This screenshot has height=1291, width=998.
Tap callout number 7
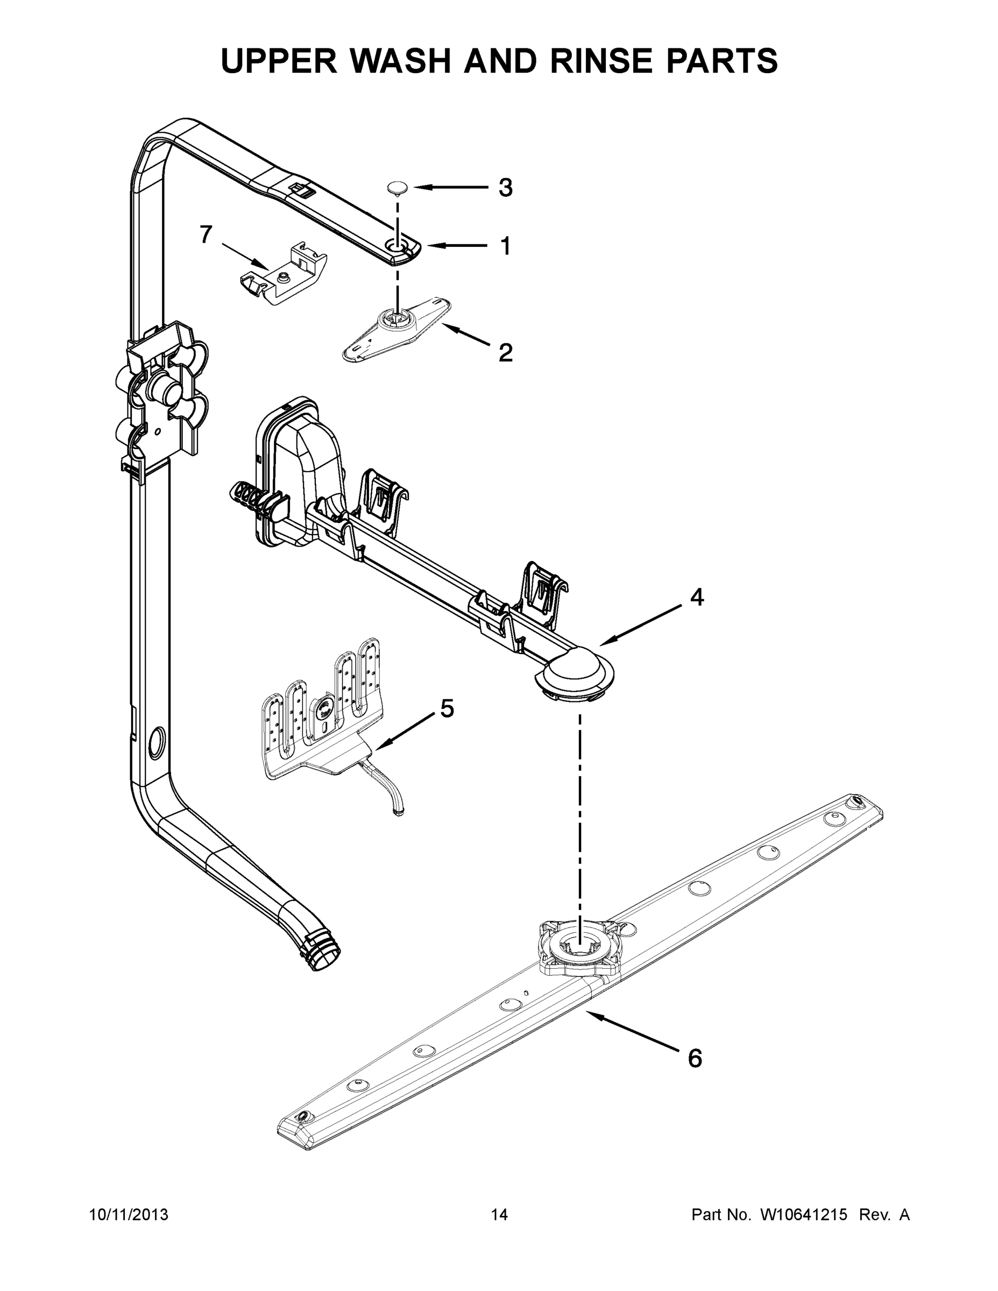pos(205,235)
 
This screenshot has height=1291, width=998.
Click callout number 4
pos(697,597)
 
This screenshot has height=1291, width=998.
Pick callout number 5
pos(447,708)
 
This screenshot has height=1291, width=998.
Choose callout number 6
pos(695,1058)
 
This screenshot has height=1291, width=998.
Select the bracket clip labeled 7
pos(284,275)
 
